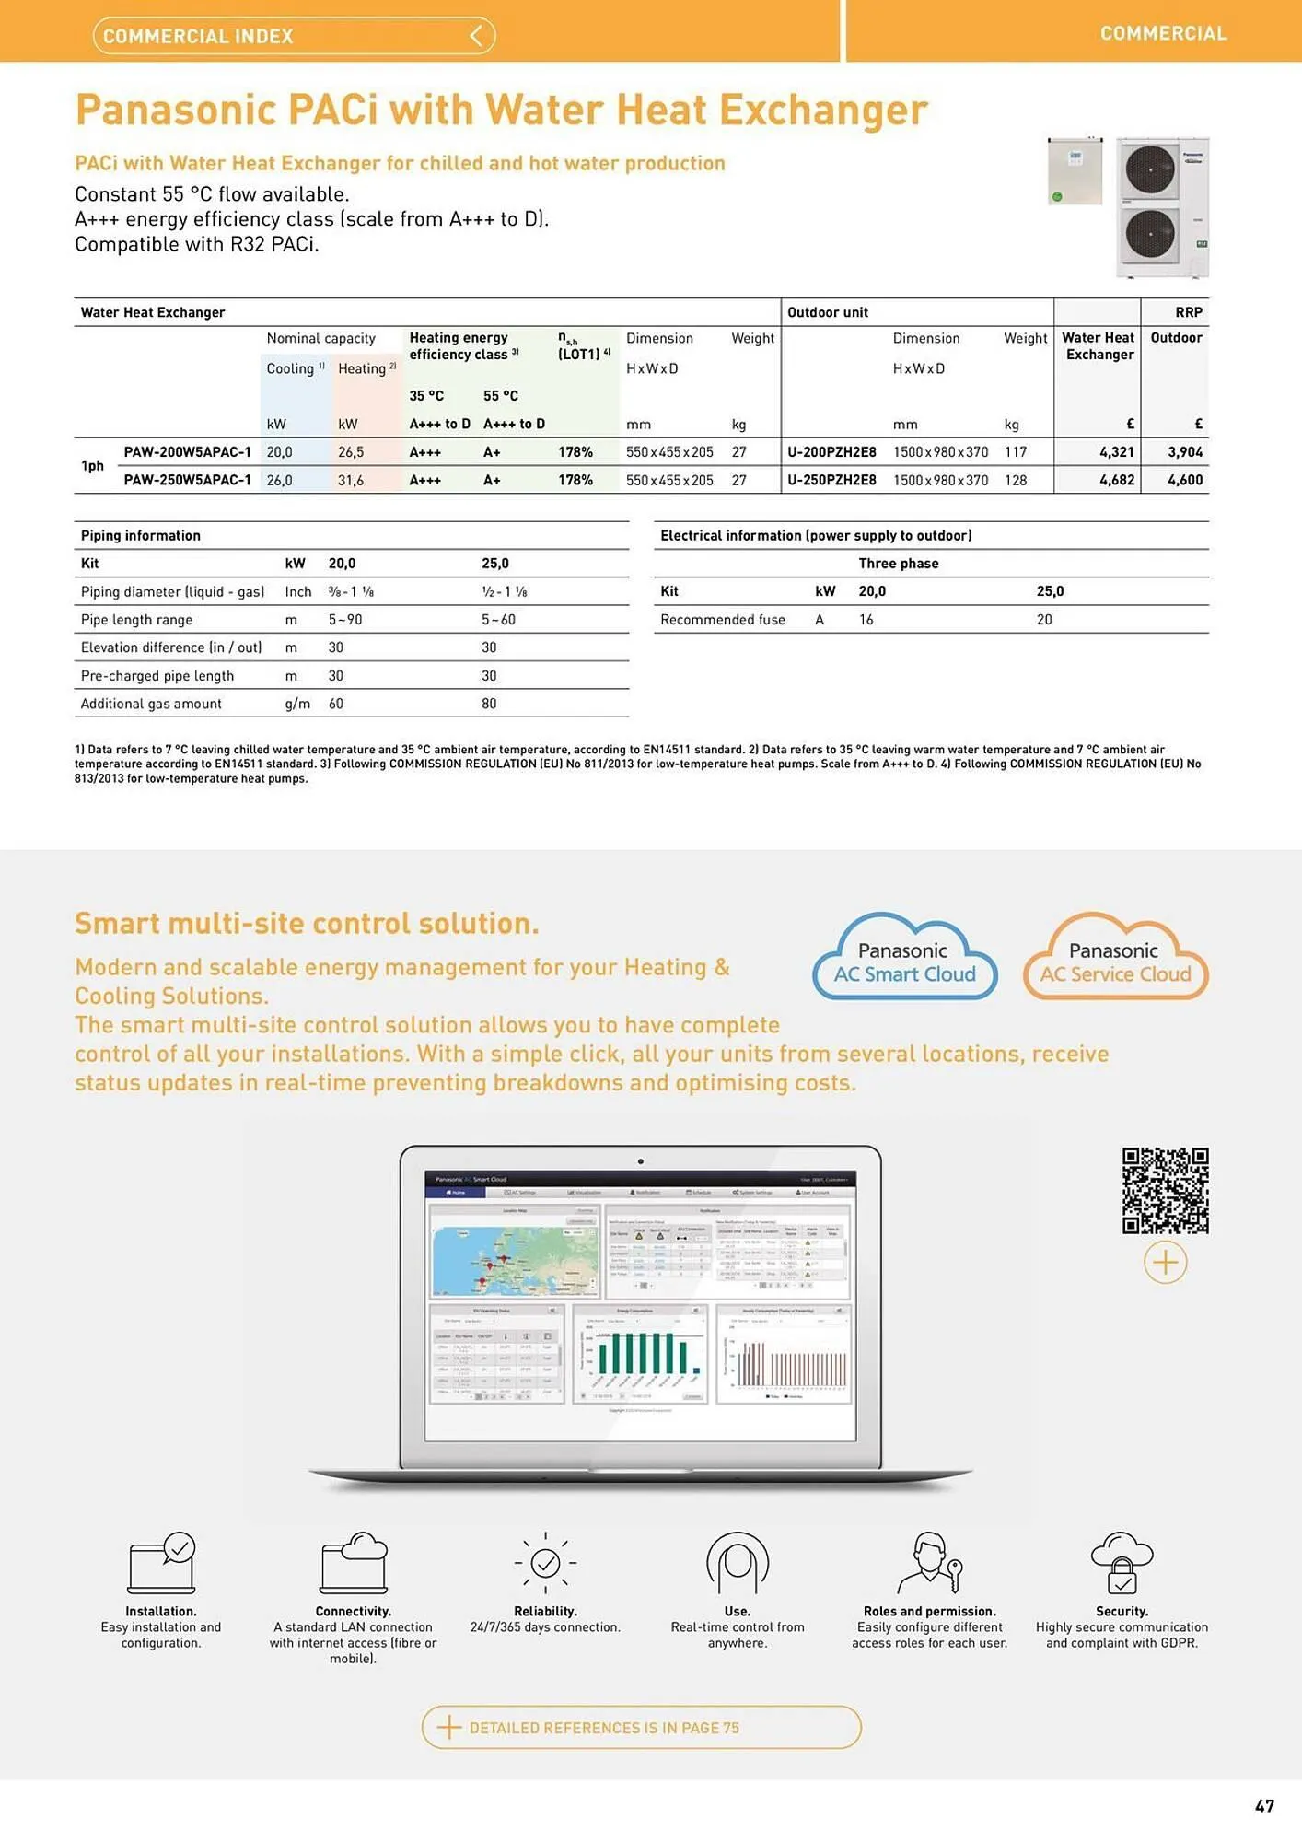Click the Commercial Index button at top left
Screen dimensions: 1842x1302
(x=294, y=36)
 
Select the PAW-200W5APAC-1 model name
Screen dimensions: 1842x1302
(x=187, y=452)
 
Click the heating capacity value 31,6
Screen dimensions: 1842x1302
(x=350, y=480)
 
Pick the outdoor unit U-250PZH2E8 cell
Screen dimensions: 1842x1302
(x=831, y=480)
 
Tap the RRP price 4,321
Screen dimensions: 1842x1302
(x=1116, y=452)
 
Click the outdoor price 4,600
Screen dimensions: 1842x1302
(x=1185, y=480)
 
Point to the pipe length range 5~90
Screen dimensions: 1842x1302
(x=345, y=620)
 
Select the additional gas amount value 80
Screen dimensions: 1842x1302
(x=489, y=704)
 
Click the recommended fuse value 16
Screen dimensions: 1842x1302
(x=866, y=620)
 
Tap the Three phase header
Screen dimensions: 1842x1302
(x=898, y=564)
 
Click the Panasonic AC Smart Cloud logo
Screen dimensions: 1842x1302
(x=904, y=959)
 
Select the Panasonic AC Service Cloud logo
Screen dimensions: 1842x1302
(x=1115, y=959)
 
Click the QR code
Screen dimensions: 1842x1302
(x=1165, y=1190)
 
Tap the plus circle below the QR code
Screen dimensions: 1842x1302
(x=1165, y=1263)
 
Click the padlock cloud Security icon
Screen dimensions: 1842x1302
(x=1122, y=1563)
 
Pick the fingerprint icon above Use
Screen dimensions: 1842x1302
(x=738, y=1563)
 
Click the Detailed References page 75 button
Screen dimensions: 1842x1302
(x=641, y=1728)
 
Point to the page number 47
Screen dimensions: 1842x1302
(x=1264, y=1806)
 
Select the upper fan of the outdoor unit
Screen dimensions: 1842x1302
(x=1150, y=169)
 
